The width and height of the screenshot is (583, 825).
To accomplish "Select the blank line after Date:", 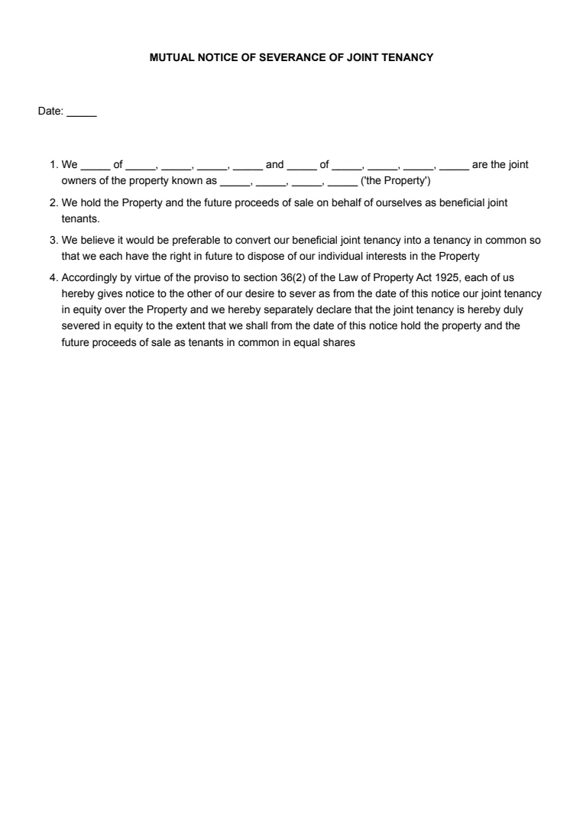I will click(x=82, y=112).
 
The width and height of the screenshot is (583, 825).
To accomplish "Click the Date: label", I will click(x=50, y=112).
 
